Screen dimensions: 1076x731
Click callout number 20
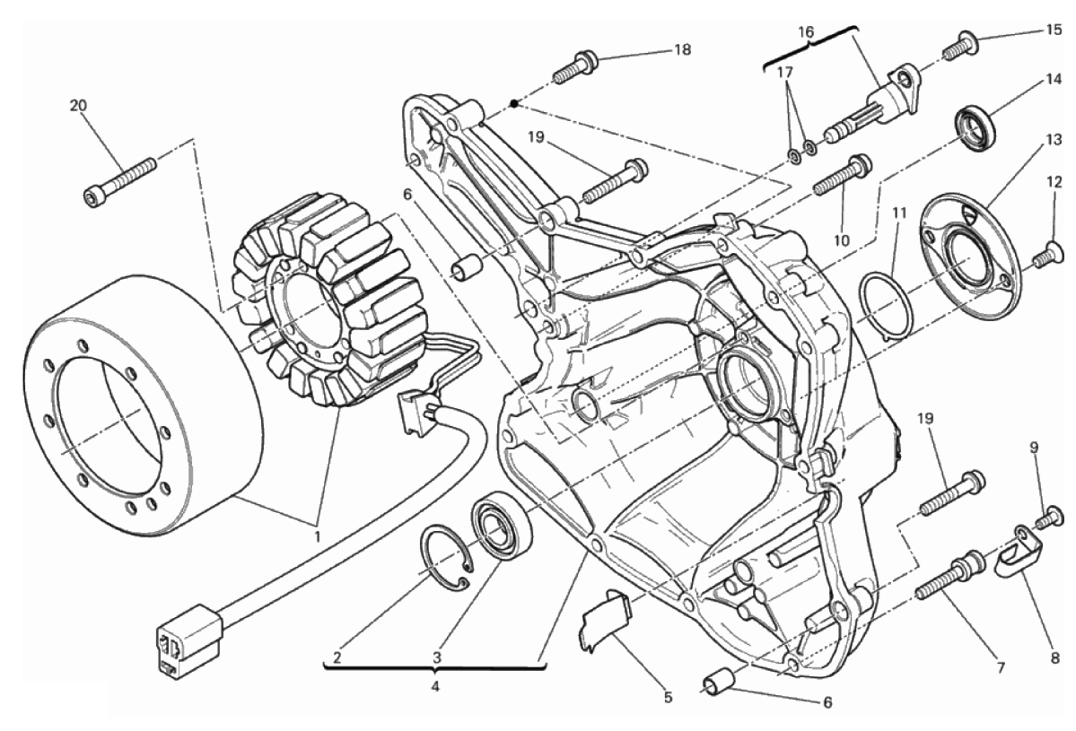click(78, 106)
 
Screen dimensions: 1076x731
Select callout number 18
click(682, 49)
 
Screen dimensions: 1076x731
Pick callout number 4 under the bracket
click(434, 686)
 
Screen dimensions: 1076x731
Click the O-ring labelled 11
click(888, 306)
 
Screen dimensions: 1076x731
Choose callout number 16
click(806, 31)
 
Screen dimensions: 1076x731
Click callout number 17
click(785, 72)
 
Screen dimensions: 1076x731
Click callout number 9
click(1034, 448)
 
